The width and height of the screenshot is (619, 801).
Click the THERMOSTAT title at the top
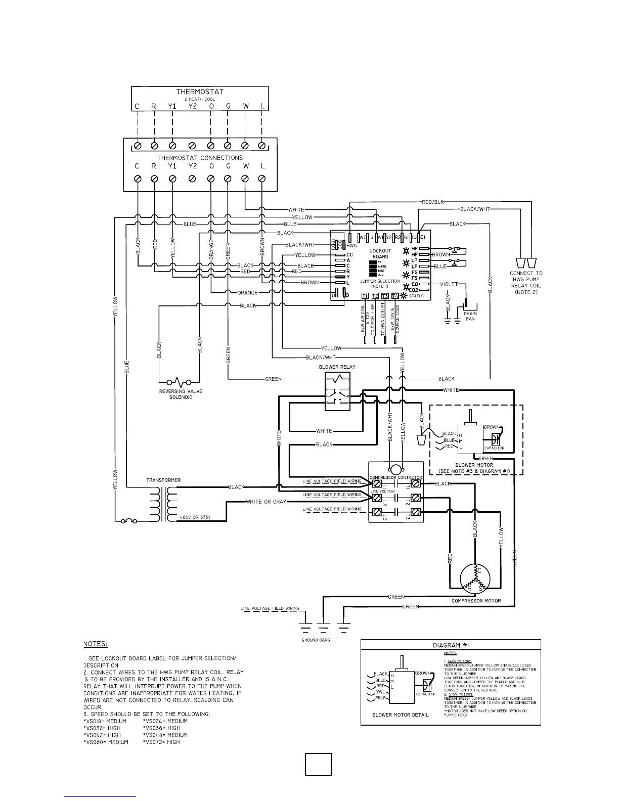200,92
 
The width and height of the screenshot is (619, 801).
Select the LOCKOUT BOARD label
380,253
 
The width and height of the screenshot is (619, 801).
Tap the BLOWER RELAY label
337,367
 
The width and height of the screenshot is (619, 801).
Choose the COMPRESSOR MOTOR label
476,601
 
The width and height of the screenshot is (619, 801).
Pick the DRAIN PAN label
470,316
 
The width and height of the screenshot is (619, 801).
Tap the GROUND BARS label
316,640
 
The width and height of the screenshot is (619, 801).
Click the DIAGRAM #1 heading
451,645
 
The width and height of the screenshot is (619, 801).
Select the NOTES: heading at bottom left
95,644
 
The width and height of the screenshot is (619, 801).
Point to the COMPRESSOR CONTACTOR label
395,477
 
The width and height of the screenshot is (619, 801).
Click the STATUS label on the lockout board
417,296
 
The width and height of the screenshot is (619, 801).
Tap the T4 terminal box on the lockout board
395,296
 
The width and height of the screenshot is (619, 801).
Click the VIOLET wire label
449,284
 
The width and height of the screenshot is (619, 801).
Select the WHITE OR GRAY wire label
266,502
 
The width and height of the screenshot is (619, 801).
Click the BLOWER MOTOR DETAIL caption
400,715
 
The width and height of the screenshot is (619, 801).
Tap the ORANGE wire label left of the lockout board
248,293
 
